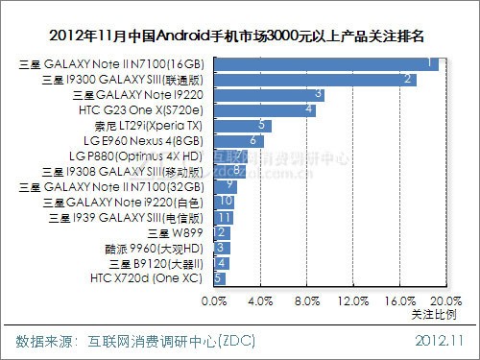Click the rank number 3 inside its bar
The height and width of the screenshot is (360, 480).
318,95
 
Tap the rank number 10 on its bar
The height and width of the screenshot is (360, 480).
226,202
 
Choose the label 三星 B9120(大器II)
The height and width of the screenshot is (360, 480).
156,263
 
